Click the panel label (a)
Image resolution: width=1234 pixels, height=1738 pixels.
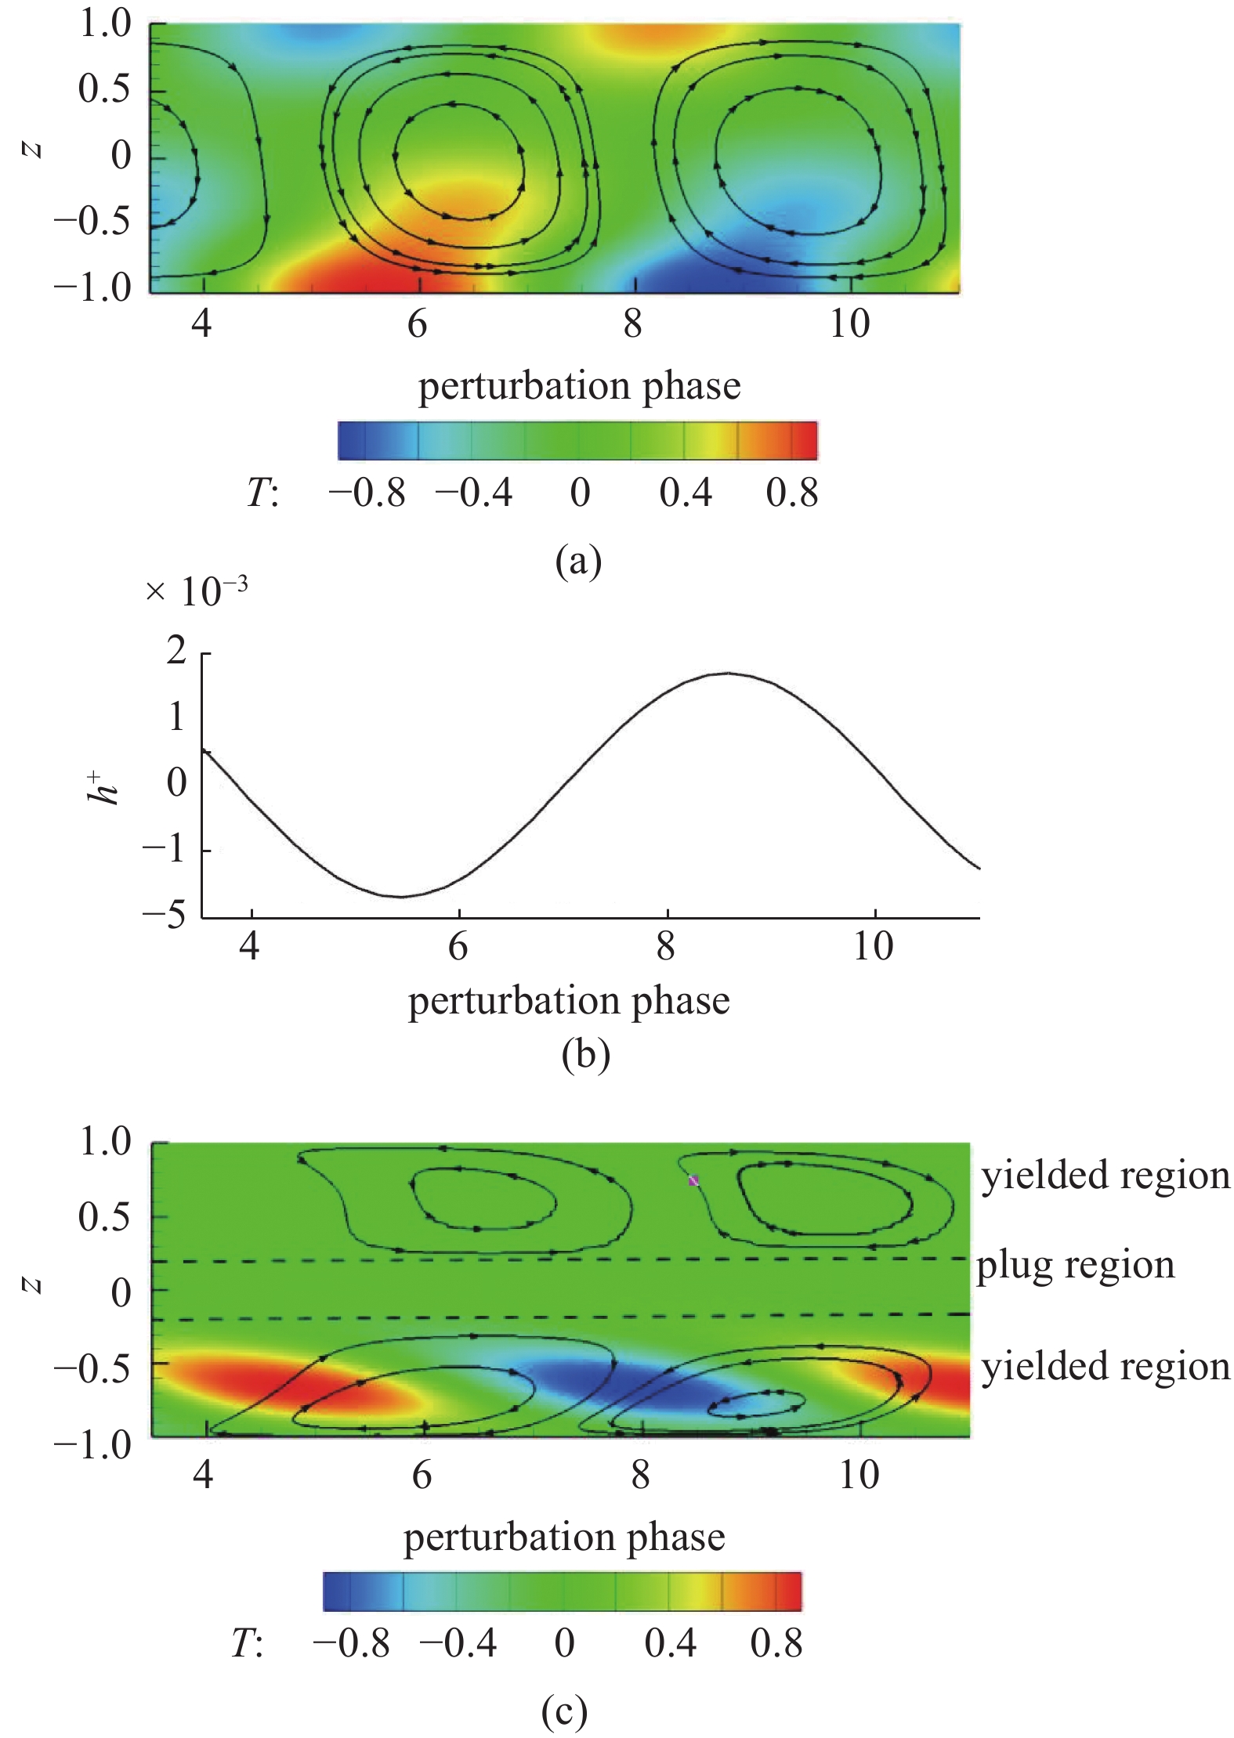pyautogui.click(x=578, y=561)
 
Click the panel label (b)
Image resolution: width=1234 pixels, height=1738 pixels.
pyautogui.click(x=585, y=1054)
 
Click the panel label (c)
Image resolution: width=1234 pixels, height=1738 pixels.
pyautogui.click(x=564, y=1711)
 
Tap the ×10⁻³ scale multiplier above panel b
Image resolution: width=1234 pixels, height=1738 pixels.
pyautogui.click(x=197, y=591)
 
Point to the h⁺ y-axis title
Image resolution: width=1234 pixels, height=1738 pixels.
pyautogui.click(x=103, y=788)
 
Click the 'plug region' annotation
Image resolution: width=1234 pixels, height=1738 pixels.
pyautogui.click(x=1075, y=1265)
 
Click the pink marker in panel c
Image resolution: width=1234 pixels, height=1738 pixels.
pyautogui.click(x=693, y=1180)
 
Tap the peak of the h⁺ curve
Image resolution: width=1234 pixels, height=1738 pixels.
pyautogui.click(x=728, y=673)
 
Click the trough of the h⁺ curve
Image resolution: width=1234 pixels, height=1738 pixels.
pyautogui.click(x=400, y=897)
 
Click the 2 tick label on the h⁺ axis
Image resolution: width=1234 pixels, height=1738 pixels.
pyautogui.click(x=176, y=651)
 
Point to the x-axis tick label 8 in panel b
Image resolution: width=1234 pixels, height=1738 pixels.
pyautogui.click(x=666, y=946)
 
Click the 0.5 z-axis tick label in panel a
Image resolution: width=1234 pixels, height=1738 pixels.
pyautogui.click(x=104, y=89)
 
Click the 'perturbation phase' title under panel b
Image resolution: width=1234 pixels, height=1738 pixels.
pyautogui.click(x=569, y=1001)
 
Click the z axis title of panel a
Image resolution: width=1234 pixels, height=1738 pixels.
pyautogui.click(x=32, y=149)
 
